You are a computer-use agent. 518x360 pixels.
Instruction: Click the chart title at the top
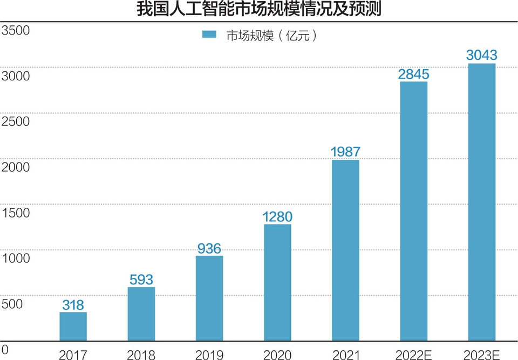click(258, 10)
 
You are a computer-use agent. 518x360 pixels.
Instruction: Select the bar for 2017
click(73, 326)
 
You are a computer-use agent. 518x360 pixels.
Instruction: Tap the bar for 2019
click(209, 298)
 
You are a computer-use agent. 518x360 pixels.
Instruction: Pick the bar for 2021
click(345, 250)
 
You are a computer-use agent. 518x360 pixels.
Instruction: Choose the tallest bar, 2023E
click(481, 202)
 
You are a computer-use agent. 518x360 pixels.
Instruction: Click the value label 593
click(141, 280)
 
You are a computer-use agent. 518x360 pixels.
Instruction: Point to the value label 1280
click(277, 217)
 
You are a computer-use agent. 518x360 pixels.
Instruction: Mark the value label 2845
click(413, 74)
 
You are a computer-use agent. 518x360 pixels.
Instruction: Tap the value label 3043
click(481, 55)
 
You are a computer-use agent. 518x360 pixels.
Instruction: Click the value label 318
click(73, 305)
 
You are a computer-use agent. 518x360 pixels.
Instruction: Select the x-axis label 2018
click(141, 355)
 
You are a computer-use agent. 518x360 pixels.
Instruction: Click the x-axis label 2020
click(277, 355)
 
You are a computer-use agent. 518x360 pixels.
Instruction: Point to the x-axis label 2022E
click(413, 355)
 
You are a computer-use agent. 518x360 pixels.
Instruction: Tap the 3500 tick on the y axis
click(16, 30)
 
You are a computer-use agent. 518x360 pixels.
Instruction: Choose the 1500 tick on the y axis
click(16, 213)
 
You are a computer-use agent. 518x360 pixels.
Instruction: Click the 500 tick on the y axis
click(12, 304)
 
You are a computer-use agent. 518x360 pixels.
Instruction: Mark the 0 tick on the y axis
click(5, 349)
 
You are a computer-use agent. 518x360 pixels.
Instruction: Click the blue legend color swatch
click(209, 35)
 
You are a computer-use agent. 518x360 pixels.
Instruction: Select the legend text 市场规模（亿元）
click(270, 35)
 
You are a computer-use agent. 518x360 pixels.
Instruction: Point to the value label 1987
click(345, 152)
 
